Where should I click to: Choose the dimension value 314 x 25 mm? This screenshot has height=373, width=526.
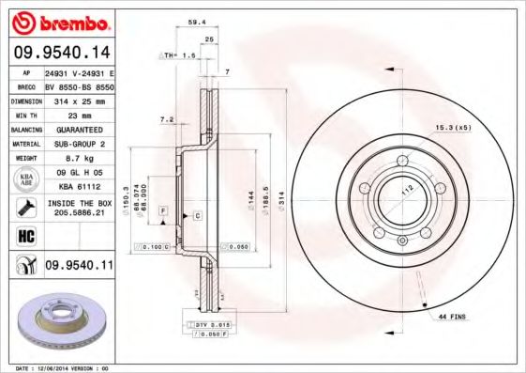[78, 99]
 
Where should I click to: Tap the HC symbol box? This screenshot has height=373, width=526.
[24, 233]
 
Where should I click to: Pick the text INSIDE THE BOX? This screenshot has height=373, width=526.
[79, 202]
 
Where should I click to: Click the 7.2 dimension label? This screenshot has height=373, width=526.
[168, 119]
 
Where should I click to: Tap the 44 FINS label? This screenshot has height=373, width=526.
[453, 318]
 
